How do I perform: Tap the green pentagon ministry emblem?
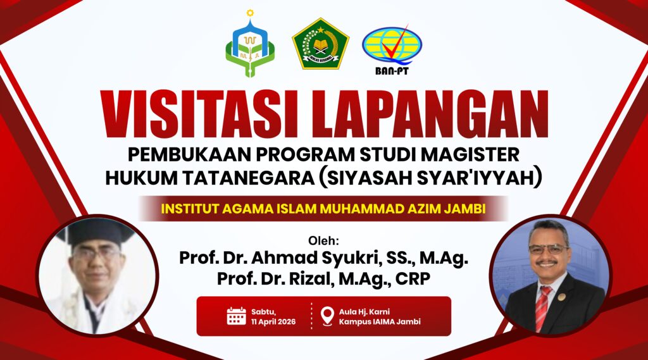tap(321, 44)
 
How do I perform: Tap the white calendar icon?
tap(237, 316)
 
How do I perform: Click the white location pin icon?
tap(327, 316)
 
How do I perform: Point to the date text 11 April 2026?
tap(273, 322)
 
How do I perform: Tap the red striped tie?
tap(542, 308)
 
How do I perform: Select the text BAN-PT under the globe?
tap(392, 71)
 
